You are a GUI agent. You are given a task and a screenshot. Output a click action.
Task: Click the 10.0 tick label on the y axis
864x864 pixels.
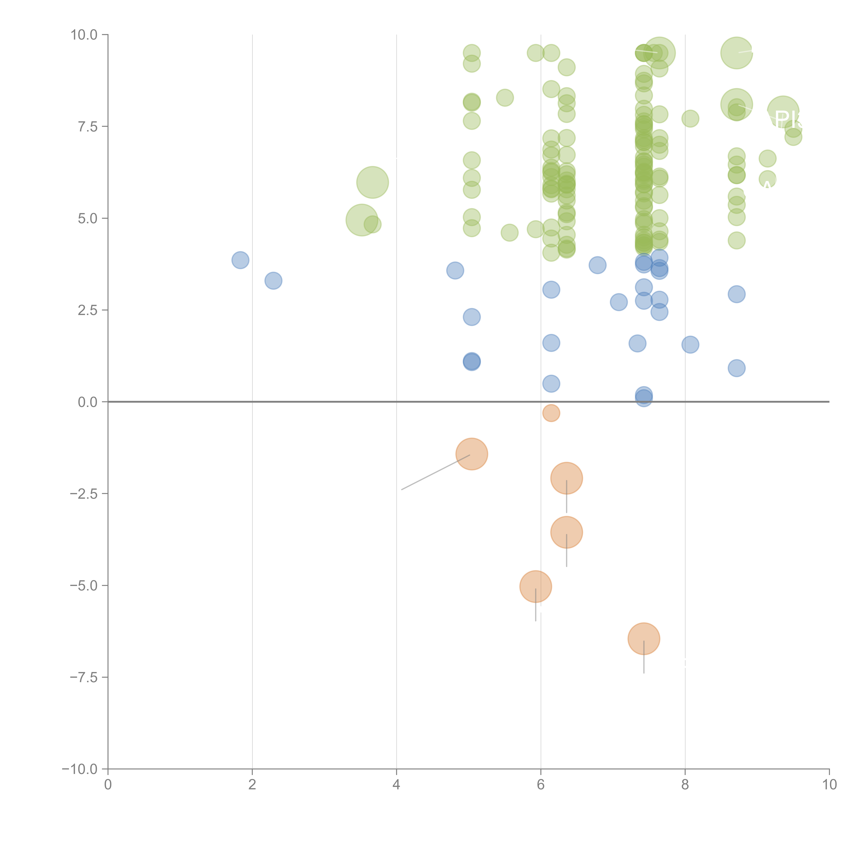point(84,35)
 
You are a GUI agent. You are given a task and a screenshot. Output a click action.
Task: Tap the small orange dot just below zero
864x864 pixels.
point(551,413)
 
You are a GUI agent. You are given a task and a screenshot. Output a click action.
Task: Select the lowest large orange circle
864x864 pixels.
point(644,639)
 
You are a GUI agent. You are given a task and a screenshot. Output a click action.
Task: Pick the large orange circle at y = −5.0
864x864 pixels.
point(535,586)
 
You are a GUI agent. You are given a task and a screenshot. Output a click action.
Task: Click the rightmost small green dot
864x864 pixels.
point(793,137)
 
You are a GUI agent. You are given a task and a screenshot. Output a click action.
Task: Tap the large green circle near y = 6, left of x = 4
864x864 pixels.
point(372,182)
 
